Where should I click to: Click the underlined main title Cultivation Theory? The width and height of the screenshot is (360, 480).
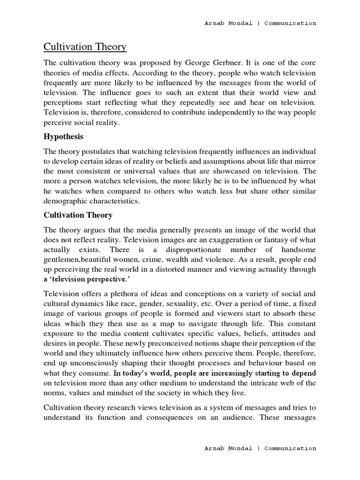point(85,46)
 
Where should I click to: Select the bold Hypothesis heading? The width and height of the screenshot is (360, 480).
point(63,136)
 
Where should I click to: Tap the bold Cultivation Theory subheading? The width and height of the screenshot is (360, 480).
point(78,215)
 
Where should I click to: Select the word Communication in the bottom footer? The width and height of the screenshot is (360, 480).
point(290,448)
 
